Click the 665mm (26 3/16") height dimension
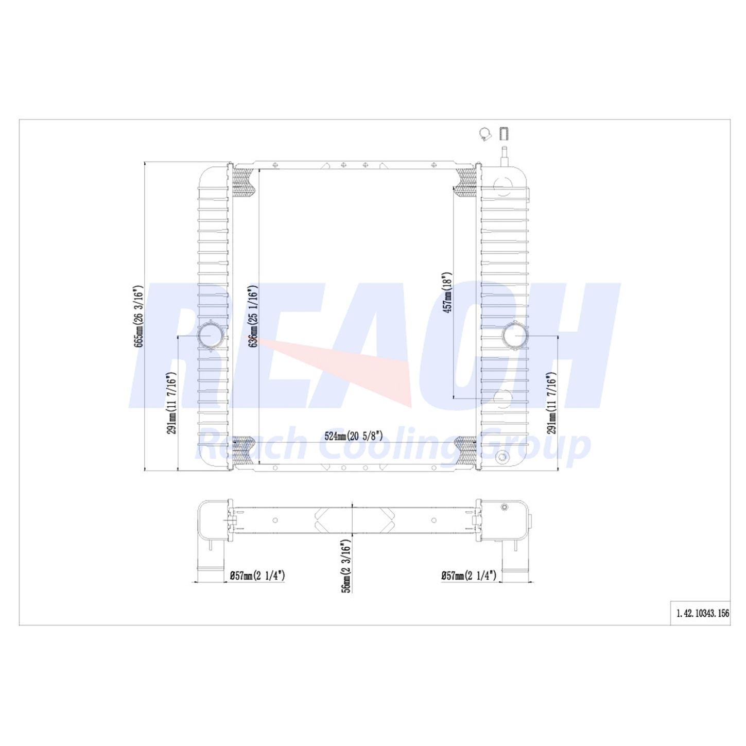[x=138, y=316]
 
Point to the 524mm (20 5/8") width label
[x=354, y=436]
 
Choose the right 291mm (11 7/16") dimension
[x=551, y=403]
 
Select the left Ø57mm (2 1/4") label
[x=257, y=576]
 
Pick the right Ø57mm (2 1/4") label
[x=469, y=576]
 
